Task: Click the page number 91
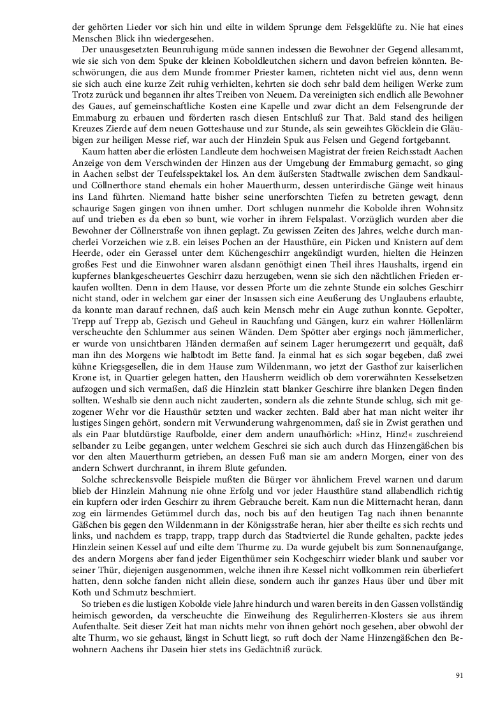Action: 459,676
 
